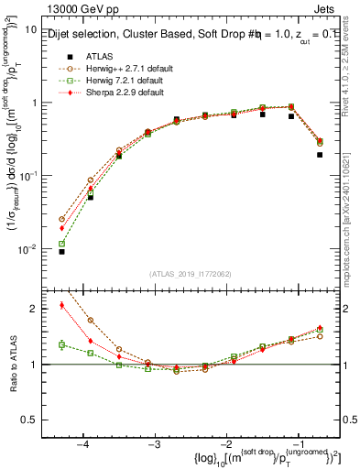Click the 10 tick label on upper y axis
click(x=29, y=29)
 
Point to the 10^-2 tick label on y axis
click(x=27, y=249)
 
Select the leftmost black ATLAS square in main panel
click(x=61, y=251)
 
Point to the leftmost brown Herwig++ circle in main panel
click(x=61, y=219)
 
